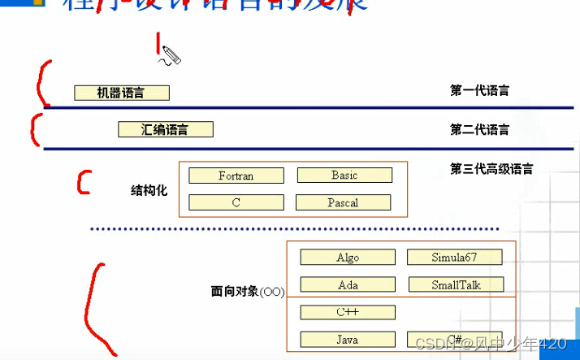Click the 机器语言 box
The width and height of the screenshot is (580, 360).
[x=121, y=93]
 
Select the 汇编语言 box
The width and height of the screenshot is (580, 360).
[x=166, y=129]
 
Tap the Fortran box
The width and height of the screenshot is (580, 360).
[x=236, y=176]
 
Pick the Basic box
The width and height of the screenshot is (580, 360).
[x=344, y=175]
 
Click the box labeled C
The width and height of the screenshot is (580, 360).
[x=236, y=202]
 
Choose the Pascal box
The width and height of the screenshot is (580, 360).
[x=343, y=202]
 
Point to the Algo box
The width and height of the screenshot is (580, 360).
[x=348, y=258]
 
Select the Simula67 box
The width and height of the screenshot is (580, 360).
[x=454, y=258]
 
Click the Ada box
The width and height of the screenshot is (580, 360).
[x=348, y=285]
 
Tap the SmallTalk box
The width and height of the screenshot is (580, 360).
[x=456, y=285]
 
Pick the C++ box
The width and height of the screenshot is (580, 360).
[x=348, y=312]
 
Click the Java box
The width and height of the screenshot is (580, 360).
[x=348, y=339]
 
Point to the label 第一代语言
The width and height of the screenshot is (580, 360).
[x=480, y=90]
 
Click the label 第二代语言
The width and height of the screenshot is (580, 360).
[x=480, y=130]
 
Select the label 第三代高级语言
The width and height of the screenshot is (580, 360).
[x=491, y=169]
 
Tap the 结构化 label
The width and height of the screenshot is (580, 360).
[x=149, y=190]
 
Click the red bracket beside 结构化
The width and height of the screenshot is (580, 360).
[x=82, y=182]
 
